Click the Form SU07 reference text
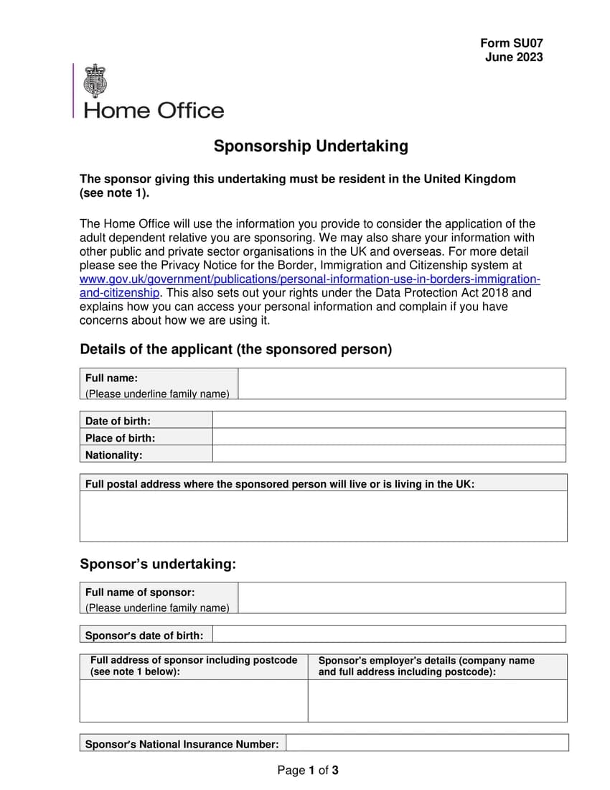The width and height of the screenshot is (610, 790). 511,43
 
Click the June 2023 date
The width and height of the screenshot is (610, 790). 513,57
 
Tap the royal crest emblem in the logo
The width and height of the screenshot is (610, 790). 95,80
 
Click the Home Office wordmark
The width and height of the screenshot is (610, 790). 154,111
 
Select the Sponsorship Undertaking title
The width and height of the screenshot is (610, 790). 311,147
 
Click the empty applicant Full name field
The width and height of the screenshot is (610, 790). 401,384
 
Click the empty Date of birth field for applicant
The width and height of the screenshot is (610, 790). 389,420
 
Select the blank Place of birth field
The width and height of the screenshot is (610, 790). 389,437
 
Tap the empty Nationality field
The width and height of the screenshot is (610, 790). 389,454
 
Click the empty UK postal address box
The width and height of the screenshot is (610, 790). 323,516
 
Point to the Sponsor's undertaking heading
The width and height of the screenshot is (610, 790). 158,564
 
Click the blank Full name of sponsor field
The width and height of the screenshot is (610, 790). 401,598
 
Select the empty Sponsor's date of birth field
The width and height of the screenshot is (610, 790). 389,634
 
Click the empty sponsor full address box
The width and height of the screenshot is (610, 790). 194,700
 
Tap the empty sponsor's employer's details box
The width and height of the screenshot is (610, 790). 437,700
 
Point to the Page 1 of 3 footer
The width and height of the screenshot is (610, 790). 308,771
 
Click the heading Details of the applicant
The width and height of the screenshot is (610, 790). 236,350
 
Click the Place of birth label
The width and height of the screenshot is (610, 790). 120,437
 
